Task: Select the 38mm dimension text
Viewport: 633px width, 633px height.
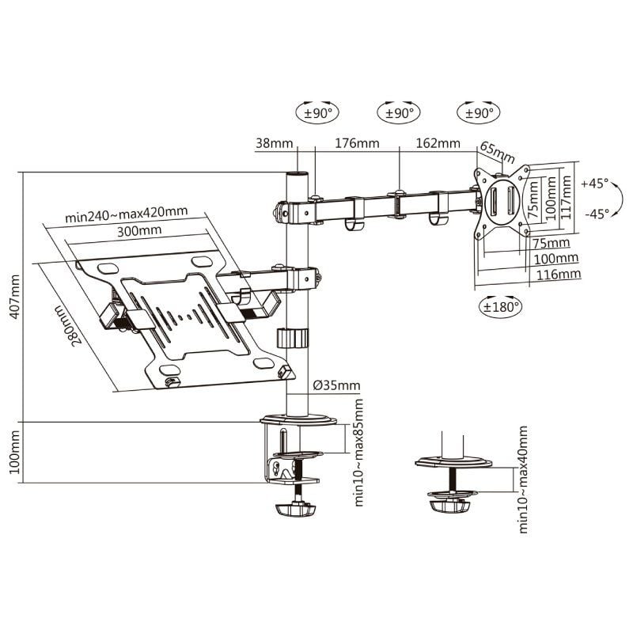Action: click(272, 144)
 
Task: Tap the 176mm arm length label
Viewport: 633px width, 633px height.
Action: click(356, 144)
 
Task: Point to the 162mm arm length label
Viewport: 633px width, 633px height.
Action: click(437, 144)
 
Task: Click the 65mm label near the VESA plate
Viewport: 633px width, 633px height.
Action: click(498, 151)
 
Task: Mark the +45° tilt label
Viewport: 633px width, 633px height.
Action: click(594, 183)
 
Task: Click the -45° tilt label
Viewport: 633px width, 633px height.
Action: click(594, 213)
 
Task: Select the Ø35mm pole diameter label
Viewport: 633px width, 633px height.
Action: click(336, 385)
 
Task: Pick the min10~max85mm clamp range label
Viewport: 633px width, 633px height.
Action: click(359, 453)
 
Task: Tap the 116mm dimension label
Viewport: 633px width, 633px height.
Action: click(559, 274)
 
